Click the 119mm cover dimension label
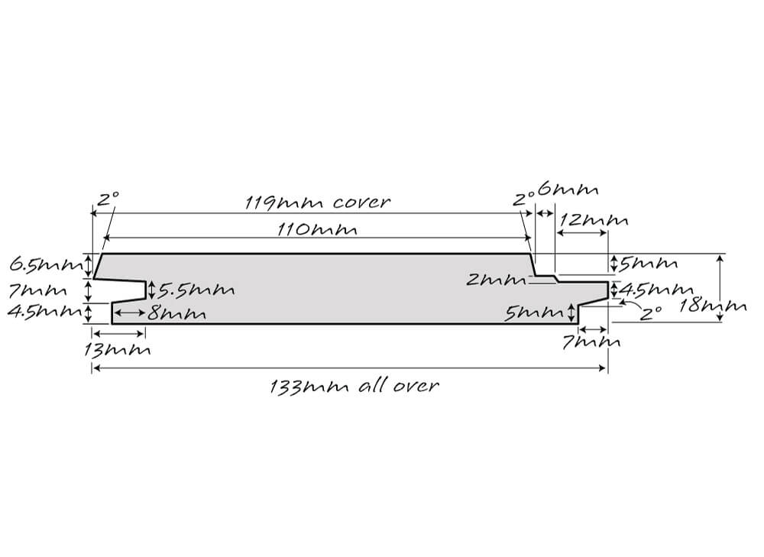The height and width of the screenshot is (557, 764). [x=317, y=202]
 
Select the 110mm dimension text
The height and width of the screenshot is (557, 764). [x=317, y=229]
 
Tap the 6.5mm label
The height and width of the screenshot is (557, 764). [x=46, y=265]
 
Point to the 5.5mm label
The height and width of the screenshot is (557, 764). [x=196, y=290]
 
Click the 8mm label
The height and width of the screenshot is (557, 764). [x=177, y=313]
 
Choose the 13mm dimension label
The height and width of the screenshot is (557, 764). [x=117, y=349]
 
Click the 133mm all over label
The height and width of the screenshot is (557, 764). [x=354, y=387]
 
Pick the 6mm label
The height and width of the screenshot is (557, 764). [x=568, y=189]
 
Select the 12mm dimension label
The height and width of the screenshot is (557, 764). [x=594, y=220]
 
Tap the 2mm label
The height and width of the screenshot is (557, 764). [x=496, y=280]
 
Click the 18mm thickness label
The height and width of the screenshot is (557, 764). [x=712, y=306]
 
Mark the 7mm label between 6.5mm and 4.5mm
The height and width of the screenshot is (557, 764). [x=37, y=291]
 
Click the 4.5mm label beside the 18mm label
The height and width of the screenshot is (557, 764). [x=656, y=290]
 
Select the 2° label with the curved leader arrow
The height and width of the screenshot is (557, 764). [x=650, y=313]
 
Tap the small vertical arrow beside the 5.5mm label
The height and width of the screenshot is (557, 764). [x=151, y=290]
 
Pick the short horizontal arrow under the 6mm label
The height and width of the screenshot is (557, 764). [x=545, y=213]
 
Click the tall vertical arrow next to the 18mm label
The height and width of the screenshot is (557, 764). [x=720, y=288]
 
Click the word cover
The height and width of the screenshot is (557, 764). [x=361, y=202]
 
